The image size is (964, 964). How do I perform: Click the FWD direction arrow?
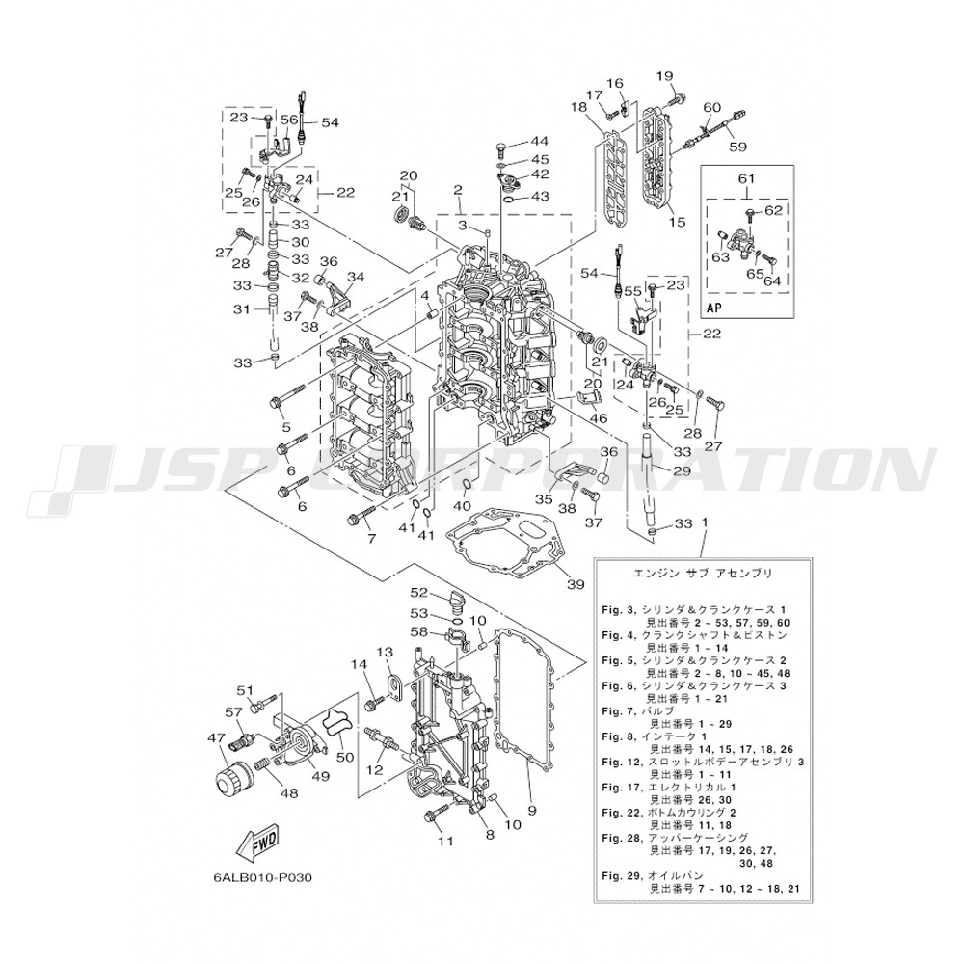[x=258, y=843]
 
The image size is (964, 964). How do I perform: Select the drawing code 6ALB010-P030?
[x=262, y=877]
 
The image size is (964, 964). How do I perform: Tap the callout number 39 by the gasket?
[x=576, y=584]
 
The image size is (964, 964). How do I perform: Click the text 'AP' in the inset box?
[x=715, y=308]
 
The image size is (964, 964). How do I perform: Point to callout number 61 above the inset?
[x=746, y=178]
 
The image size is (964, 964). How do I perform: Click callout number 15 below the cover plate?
[x=677, y=222]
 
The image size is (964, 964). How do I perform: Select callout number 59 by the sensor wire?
[x=737, y=147]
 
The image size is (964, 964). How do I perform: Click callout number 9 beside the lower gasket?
[x=532, y=811]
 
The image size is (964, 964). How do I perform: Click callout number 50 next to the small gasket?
[x=345, y=756]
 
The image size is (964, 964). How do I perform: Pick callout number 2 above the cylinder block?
[x=457, y=189]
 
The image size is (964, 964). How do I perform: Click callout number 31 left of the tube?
[x=242, y=308]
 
